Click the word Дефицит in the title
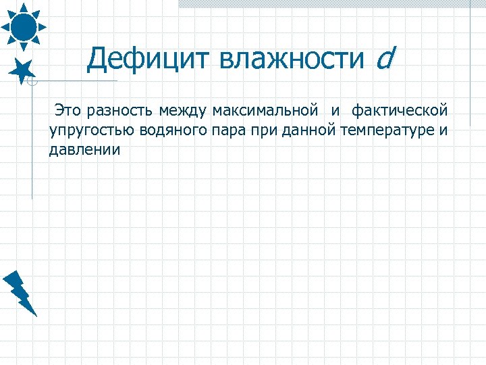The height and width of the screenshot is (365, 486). pos(148,59)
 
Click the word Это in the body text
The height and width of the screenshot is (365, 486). pos(68,109)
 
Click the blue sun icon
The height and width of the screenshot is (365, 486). pos(23,25)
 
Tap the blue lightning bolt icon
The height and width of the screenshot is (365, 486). pos(20,293)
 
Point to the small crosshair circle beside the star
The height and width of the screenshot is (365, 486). pos(32,82)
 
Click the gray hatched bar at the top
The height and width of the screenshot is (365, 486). pos(331,4)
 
